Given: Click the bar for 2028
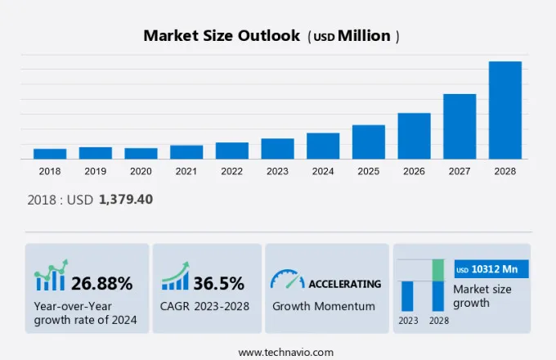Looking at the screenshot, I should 504,110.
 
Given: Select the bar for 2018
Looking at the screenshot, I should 50,154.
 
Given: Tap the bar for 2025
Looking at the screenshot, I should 369,142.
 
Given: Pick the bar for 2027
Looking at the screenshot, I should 460,126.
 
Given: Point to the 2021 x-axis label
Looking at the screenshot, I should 186,172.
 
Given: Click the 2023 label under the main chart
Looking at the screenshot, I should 277,172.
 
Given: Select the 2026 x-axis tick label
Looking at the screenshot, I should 414,172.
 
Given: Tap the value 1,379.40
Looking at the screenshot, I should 126,199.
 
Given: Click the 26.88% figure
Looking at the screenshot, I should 101,284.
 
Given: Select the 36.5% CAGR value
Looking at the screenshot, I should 219,284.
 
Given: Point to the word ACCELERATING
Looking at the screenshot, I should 344,284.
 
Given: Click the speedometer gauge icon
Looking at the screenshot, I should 287,280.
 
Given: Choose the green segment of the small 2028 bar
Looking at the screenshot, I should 438,270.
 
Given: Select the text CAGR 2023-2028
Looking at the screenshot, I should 205,307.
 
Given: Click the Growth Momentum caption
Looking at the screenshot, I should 324,307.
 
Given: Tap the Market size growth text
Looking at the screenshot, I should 482,295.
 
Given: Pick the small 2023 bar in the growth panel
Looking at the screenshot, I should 407,295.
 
